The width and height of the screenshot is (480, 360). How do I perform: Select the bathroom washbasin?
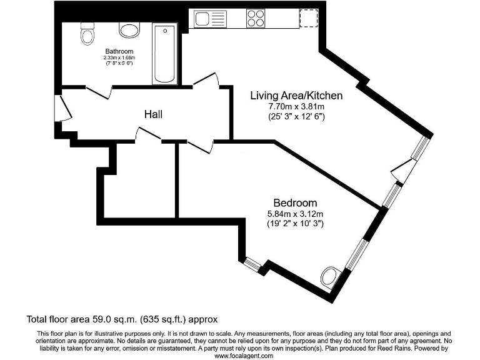tap(129, 29)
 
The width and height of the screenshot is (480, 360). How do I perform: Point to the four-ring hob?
tap(256, 17)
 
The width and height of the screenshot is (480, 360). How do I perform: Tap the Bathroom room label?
tap(119, 51)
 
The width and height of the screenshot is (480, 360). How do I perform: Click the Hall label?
tap(153, 114)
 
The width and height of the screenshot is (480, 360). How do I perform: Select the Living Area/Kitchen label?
tap(296, 96)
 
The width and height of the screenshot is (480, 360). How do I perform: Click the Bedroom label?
tap(295, 203)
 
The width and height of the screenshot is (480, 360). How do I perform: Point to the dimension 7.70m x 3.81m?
tap(296, 107)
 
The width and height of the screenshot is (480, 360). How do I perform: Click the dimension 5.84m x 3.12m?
tap(295, 214)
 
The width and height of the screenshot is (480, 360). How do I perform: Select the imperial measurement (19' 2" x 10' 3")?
tap(295, 223)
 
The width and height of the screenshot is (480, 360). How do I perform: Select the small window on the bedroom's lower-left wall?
tap(252, 264)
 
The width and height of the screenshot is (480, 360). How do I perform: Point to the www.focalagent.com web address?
tap(244, 356)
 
